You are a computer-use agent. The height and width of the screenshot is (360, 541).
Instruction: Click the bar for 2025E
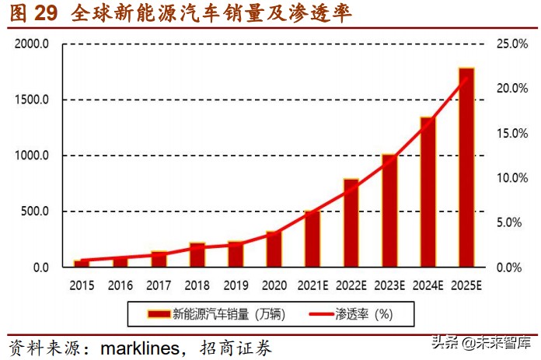[466, 167]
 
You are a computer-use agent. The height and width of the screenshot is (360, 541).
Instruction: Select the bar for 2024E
[428, 192]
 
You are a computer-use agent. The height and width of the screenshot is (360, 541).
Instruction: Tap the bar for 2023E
[389, 211]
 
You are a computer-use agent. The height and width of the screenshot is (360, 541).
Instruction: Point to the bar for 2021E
[312, 239]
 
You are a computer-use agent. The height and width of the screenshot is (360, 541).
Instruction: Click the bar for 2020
[274, 249]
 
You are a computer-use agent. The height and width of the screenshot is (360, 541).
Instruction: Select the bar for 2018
[197, 255]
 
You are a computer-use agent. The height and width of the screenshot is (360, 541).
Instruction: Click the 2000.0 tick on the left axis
[32, 44]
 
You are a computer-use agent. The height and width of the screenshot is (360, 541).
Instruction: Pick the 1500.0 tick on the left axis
[32, 100]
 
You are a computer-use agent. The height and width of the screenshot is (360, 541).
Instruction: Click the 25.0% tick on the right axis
[511, 44]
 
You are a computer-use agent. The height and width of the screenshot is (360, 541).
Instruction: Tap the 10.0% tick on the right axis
[511, 178]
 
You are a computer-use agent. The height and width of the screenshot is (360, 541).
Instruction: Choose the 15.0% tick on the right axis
[511, 134]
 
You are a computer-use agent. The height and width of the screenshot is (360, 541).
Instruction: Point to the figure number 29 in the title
[47, 13]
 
